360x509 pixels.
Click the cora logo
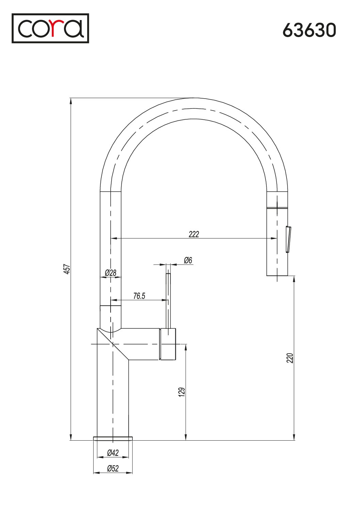point(50,28)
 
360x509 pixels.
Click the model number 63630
point(309,30)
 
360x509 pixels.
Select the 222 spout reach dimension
point(194,234)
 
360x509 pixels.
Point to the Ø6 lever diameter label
point(188,260)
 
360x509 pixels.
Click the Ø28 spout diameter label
point(111,273)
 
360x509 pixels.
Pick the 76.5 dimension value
point(139,296)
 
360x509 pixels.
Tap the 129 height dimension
point(182,392)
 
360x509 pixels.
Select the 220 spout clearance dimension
point(290,358)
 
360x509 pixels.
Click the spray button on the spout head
point(288,239)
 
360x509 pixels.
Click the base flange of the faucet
point(113,439)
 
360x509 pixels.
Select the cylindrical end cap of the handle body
point(168,344)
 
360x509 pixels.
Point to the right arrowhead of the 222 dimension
point(274,238)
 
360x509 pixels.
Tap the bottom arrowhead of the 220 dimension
point(295,437)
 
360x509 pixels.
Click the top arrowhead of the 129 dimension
point(186,347)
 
